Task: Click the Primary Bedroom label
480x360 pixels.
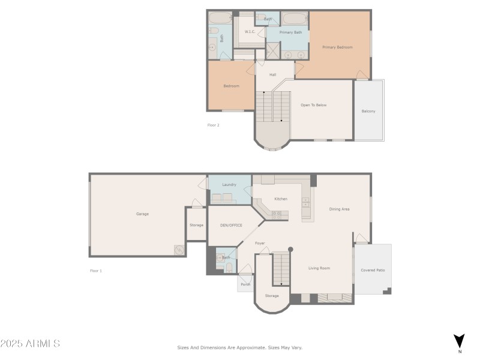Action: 337,47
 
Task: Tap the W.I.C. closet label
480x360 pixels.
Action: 250,32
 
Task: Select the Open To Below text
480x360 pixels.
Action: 313,105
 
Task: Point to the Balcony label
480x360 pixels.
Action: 368,112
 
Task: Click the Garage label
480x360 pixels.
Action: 142,214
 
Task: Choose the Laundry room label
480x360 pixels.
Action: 229,185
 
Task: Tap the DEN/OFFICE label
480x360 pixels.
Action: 231,226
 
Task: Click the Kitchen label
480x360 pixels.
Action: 281,199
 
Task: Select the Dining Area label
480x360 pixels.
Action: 339,209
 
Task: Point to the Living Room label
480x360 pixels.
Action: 319,268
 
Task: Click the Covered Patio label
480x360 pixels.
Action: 373,271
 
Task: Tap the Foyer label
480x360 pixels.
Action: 260,244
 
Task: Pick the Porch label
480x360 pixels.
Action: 245,284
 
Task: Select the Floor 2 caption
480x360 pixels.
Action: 214,125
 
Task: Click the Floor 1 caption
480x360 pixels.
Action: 96,271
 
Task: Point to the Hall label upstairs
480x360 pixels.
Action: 272,75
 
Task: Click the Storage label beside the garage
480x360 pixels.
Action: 196,225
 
